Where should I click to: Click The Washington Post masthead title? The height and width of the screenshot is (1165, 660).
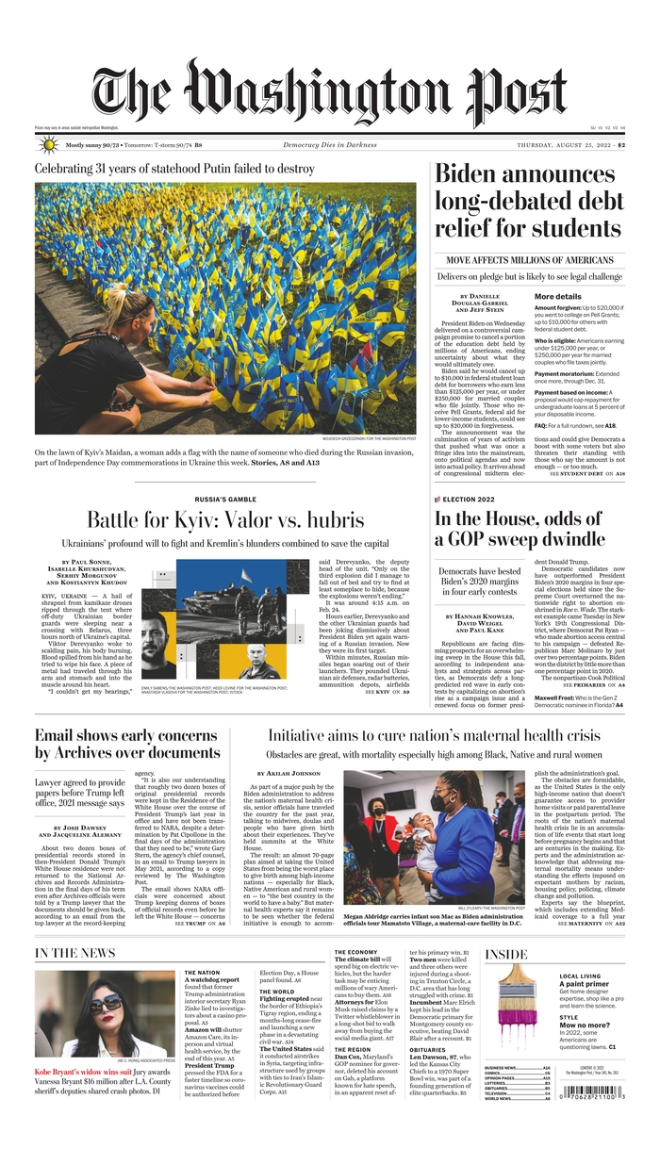coord(329,93)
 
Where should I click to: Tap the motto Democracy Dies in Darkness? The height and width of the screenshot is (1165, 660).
coord(330,145)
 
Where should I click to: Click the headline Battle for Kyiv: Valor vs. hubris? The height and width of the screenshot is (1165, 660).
coord(224,519)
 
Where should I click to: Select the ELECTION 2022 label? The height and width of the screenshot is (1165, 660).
coord(468,498)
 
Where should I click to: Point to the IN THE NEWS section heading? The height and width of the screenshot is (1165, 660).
coord(74,953)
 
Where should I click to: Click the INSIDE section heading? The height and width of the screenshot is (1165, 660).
coord(506,954)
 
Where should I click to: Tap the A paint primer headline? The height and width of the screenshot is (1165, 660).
coord(586,984)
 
